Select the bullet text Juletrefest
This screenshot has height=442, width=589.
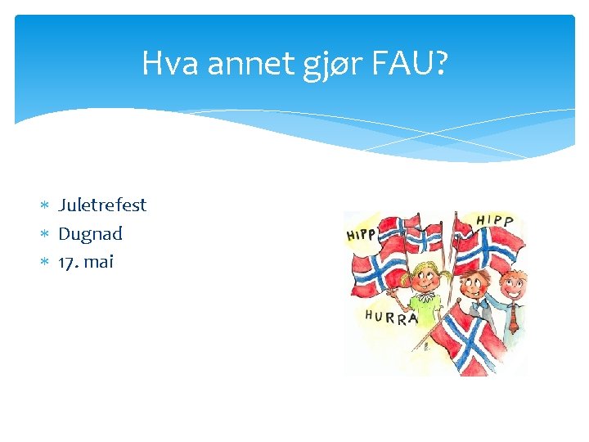[x=102, y=205]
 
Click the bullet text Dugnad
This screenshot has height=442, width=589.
[x=90, y=233]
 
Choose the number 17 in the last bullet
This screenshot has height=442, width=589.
[x=66, y=262]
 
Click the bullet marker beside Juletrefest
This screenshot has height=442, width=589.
[x=46, y=205]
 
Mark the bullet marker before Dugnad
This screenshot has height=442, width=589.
[x=46, y=234]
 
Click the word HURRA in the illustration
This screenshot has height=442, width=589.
[x=391, y=317]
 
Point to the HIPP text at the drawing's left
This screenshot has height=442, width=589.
[x=362, y=234]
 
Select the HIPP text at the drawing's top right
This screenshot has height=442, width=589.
[x=495, y=221]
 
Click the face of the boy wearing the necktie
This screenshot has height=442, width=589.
[x=512, y=285]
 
